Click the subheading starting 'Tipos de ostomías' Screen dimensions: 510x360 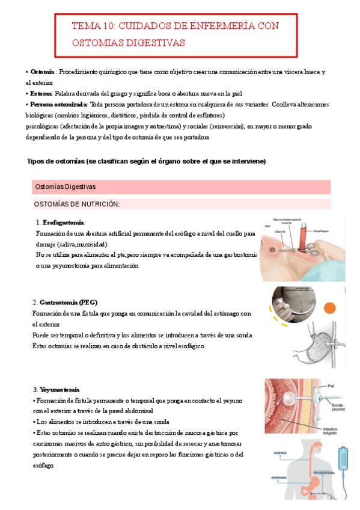click(x=146, y=162)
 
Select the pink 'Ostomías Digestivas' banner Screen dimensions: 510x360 click(x=66, y=187)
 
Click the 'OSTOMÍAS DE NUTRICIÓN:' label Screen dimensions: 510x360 click(x=76, y=204)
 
